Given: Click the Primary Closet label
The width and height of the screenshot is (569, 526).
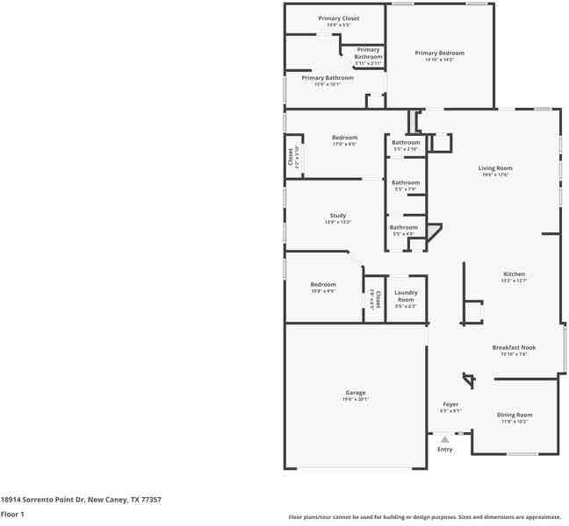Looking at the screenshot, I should tap(338, 18).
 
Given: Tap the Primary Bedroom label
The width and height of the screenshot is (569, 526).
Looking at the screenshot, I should tap(439, 53).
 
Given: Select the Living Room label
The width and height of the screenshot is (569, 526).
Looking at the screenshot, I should tap(494, 167).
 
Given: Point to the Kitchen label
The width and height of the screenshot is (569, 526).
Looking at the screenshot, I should tap(514, 274).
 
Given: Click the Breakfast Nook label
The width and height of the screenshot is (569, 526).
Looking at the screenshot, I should tap(514, 347).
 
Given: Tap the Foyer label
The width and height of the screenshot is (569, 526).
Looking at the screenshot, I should tap(450, 404).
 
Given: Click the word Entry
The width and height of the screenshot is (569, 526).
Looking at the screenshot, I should tap(445, 450).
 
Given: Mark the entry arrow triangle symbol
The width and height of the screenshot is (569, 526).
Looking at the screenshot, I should tap(445, 439).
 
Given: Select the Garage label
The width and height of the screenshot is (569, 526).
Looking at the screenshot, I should tap(355, 392).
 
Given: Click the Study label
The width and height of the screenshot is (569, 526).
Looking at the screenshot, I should tap(338, 215).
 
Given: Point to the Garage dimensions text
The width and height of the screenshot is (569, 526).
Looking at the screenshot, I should tap(355, 399).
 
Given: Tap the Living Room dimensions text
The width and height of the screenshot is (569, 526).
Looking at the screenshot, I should tap(494, 174).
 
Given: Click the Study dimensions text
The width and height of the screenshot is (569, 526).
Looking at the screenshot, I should tap(338, 222).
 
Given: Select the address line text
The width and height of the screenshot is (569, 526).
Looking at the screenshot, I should tap(81, 500).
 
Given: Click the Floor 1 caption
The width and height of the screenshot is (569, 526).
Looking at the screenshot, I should tap(12, 514).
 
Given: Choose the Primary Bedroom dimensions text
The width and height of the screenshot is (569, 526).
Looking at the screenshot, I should tap(439, 60).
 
